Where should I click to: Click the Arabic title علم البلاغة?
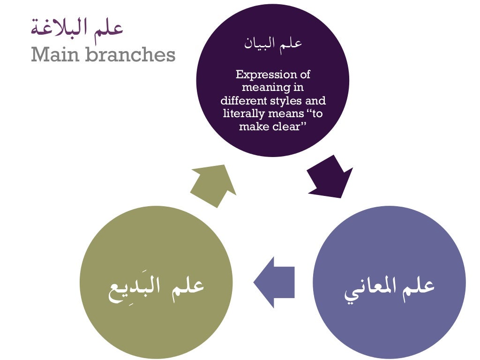tap(77, 28)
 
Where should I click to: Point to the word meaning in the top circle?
tap(273, 88)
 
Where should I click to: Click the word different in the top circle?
tap(242, 101)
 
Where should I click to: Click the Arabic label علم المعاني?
tap(389, 286)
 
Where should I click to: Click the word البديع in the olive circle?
tap(134, 286)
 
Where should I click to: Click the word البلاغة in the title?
tap(60, 28)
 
